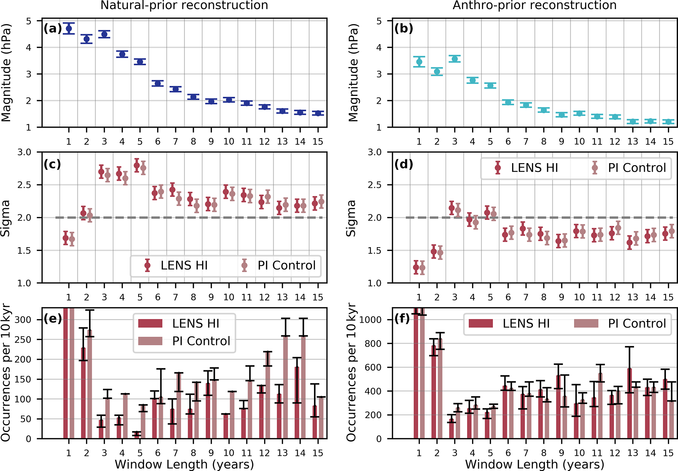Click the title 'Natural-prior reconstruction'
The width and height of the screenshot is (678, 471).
click(184, 5)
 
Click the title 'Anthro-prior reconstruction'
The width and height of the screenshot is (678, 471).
click(534, 5)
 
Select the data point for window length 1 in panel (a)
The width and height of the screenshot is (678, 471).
click(69, 29)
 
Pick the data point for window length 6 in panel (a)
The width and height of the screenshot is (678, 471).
click(158, 83)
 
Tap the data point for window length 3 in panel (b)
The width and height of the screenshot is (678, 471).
click(455, 59)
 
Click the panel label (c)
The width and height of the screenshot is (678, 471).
click(52, 164)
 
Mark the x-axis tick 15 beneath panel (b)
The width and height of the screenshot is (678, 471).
click(668, 142)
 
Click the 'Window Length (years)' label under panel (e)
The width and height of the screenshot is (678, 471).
click(184, 464)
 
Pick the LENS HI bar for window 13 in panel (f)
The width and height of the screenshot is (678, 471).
click(629, 403)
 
